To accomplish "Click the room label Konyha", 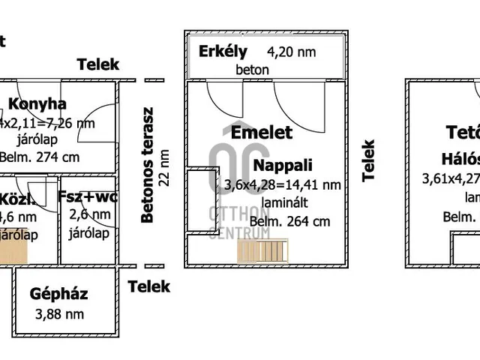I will pos(36,104).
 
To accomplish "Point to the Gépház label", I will pos(58,294).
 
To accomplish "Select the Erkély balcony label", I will pos(223,52).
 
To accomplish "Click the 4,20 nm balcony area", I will pos(292,52).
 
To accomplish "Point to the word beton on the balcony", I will pos(253,70).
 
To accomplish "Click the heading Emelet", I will pos(262,133).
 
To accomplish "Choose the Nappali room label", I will pos(283,165).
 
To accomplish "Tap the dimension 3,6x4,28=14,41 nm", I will pos(283,184).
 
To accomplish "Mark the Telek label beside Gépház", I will pos(148,286).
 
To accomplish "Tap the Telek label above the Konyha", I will pos(97,64).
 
